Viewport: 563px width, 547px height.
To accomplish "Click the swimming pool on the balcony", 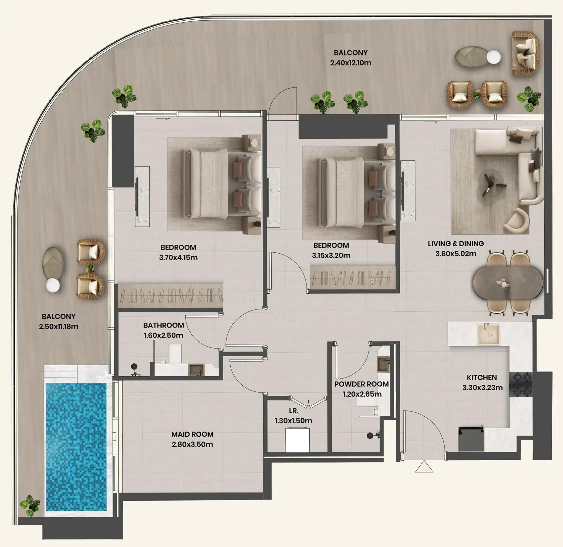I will point(76,447).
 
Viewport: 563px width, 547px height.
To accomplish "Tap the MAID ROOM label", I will point(192,434).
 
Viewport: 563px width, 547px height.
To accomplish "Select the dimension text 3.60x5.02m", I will point(456,254).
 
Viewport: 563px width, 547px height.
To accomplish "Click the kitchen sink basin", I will point(488,335).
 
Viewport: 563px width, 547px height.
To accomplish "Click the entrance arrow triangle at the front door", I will point(424,467).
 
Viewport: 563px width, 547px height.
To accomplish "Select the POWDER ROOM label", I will point(361,384).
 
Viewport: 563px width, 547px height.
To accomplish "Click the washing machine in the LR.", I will point(297,440).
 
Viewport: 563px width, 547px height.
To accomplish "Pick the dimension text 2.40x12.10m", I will point(351,63).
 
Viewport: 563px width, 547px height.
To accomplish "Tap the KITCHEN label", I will point(482,378).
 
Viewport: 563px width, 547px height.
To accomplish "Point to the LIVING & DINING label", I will point(456,244).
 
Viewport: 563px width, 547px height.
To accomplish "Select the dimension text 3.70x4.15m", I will point(178,258).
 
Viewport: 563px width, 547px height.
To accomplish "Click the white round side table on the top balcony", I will point(493,57).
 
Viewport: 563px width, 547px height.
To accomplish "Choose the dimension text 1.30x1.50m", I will point(293,421).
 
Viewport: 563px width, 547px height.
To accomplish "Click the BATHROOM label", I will point(164,325).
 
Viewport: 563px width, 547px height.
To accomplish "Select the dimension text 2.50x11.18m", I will point(59,327).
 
